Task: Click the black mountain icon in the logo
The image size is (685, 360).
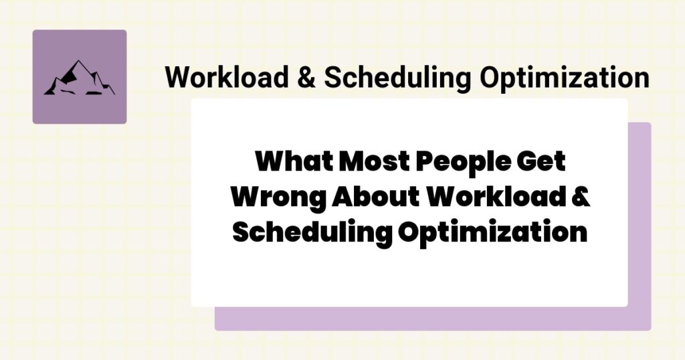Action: (x=79, y=78)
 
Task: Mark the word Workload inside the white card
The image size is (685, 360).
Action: (x=498, y=197)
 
